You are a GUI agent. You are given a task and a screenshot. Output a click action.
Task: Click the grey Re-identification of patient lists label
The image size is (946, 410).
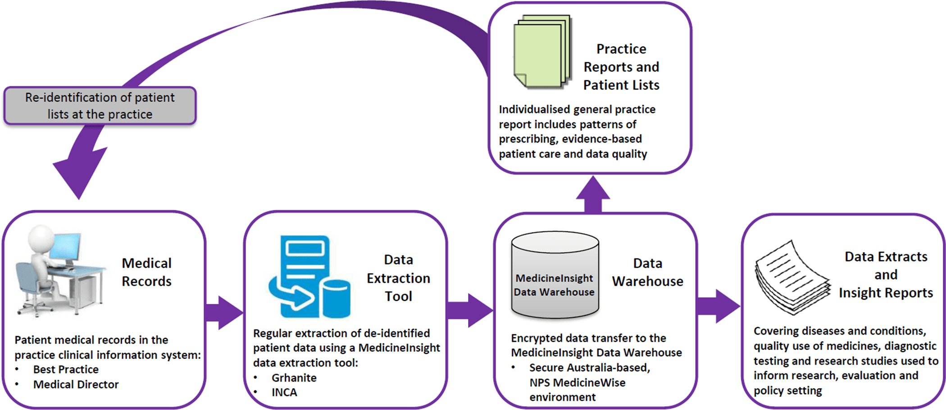coord(100,106)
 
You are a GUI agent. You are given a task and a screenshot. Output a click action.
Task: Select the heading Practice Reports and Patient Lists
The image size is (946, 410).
coord(621,67)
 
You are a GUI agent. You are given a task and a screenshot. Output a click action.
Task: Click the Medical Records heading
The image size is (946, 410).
coord(146,272)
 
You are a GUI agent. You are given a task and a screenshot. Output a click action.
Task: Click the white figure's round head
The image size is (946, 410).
coord(41,238)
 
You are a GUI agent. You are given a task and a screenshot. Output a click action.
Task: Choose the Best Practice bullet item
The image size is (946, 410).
coord(66,369)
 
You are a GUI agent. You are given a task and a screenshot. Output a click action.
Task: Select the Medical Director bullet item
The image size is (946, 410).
coord(76,384)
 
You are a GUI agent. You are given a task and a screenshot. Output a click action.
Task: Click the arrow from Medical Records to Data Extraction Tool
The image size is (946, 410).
coord(224,313)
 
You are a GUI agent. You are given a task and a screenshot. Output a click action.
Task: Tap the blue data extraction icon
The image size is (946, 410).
coord(309,277)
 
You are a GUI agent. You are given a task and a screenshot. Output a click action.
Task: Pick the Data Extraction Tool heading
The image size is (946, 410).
coord(398,278)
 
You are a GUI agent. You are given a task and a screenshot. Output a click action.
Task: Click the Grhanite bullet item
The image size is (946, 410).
coord(294,378)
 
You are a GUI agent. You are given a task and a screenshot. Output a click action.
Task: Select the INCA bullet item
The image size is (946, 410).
coord(284,392)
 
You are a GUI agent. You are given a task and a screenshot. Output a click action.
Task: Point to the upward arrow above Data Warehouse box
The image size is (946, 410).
coord(593,194)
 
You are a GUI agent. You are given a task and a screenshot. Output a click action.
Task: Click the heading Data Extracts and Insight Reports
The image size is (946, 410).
coord(886,275)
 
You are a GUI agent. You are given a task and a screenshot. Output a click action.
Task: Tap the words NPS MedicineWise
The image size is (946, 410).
coord(578,382)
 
